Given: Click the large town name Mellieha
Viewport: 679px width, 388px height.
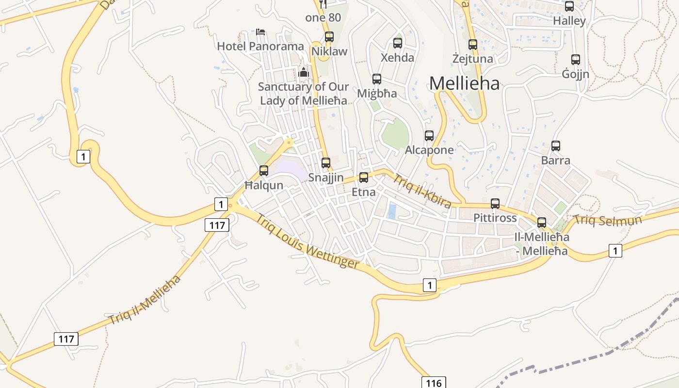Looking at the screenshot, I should (x=464, y=83).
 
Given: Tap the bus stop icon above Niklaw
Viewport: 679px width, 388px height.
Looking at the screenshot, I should (x=329, y=36).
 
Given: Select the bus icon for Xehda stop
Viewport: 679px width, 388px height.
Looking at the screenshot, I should (x=398, y=43).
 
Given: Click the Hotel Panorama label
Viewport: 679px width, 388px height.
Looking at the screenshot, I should (x=260, y=47).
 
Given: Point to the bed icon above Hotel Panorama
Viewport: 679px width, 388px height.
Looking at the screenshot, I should (x=260, y=32).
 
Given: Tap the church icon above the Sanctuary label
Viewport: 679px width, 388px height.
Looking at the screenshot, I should (x=304, y=73).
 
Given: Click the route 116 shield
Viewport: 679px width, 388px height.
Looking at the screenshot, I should (x=433, y=383).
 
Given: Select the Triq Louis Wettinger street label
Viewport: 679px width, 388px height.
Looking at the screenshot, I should (x=307, y=241).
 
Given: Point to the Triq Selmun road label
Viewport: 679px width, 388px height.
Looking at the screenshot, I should (x=608, y=220).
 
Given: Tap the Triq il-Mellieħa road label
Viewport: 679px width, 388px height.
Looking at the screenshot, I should (x=145, y=299).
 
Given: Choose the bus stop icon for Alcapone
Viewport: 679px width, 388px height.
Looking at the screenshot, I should (x=429, y=135).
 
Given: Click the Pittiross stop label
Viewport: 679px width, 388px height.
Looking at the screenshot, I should (x=495, y=218).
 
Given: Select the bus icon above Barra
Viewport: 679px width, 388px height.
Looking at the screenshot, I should (x=556, y=145).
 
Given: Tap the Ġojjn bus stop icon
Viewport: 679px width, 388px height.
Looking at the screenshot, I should (x=576, y=59).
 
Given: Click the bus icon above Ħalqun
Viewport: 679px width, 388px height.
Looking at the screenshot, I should (x=264, y=170).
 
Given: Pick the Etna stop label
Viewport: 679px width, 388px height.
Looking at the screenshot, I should (x=363, y=192).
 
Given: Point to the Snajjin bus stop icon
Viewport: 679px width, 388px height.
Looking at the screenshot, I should (x=326, y=162).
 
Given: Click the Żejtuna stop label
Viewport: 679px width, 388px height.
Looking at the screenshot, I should (x=472, y=59).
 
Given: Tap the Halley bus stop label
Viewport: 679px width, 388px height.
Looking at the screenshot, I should (x=569, y=21).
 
